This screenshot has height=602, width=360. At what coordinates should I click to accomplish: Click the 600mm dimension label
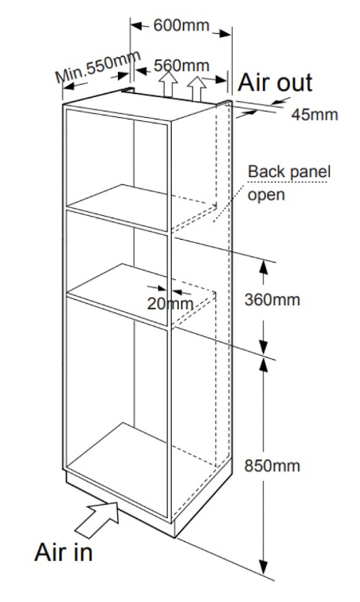click(x=181, y=25)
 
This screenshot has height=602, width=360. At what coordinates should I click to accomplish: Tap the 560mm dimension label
click(x=181, y=66)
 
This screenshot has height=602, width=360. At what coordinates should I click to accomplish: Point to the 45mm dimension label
click(x=315, y=114)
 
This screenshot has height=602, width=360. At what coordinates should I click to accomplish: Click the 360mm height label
click(x=272, y=300)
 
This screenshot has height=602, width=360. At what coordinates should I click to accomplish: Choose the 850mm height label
click(x=272, y=466)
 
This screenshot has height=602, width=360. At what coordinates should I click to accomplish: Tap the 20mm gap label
click(x=170, y=304)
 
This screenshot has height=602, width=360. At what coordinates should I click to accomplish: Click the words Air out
click(x=275, y=82)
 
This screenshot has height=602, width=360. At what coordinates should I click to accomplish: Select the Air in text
click(x=63, y=552)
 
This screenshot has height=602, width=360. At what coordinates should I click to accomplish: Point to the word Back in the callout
click(x=265, y=171)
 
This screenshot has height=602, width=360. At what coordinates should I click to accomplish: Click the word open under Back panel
click(x=266, y=195)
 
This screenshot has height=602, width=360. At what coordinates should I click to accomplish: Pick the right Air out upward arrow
click(x=197, y=89)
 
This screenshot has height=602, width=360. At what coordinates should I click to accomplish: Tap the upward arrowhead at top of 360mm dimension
click(x=264, y=267)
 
